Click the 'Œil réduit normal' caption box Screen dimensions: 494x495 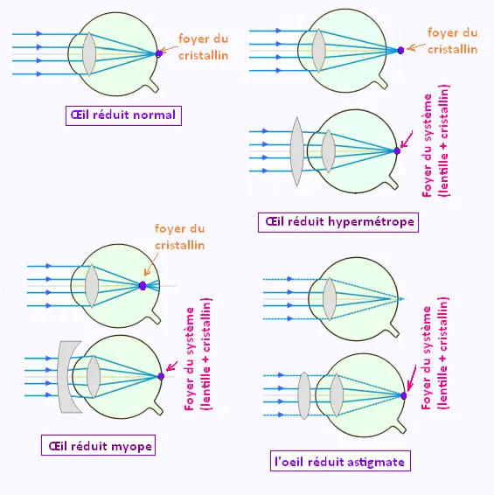tap(123, 115)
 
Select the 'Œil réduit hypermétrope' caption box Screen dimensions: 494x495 tap(338, 222)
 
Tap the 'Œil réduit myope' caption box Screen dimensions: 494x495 tap(98, 445)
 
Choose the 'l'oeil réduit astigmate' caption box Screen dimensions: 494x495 tap(340, 461)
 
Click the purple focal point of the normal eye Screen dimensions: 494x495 tap(159, 53)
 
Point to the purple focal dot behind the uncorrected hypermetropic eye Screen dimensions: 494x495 tap(400, 50)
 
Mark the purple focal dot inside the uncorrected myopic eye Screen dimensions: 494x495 tap(143, 286)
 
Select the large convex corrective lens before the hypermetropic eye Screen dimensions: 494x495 tap(296, 151)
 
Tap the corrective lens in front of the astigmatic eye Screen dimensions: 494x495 tap(304, 395)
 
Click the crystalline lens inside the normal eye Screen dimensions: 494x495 tap(89, 54)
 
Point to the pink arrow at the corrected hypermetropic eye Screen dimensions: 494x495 tap(407, 140)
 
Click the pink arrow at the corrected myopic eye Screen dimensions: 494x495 tap(171, 366)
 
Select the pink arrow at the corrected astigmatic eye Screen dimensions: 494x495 tap(411, 378)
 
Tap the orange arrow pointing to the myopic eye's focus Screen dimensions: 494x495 tap(151, 264)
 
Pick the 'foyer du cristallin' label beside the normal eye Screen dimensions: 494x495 tap(203, 47)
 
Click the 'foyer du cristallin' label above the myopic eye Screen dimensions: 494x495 tap(179, 237)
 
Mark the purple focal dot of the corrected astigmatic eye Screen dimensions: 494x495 tap(403, 395)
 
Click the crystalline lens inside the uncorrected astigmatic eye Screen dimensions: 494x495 tap(330, 299)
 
